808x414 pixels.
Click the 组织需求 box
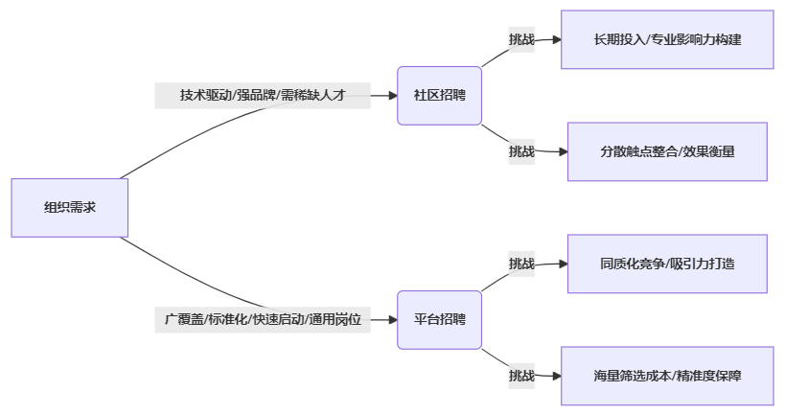[69, 207]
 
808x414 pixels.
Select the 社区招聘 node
[439, 96]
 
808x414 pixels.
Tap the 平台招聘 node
[439, 319]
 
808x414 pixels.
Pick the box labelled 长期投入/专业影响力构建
[667, 39]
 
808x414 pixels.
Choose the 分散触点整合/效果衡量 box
[667, 151]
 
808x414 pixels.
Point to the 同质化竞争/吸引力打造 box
[667, 264]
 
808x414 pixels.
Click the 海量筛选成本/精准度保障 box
[667, 376]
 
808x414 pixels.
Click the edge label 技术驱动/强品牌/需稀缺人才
[262, 96]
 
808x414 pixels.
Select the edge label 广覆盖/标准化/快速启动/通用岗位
[263, 319]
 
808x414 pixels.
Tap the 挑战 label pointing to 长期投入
[521, 39]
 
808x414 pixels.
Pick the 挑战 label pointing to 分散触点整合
[521, 151]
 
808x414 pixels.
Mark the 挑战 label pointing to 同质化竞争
[521, 264]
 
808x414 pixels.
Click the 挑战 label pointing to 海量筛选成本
[521, 376]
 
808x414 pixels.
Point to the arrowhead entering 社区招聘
[392, 96]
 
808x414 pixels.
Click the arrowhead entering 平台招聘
[392, 319]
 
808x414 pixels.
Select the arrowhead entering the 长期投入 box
[555, 39]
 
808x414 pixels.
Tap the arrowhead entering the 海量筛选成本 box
[555, 376]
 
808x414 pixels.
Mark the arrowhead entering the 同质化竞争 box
[563, 264]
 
